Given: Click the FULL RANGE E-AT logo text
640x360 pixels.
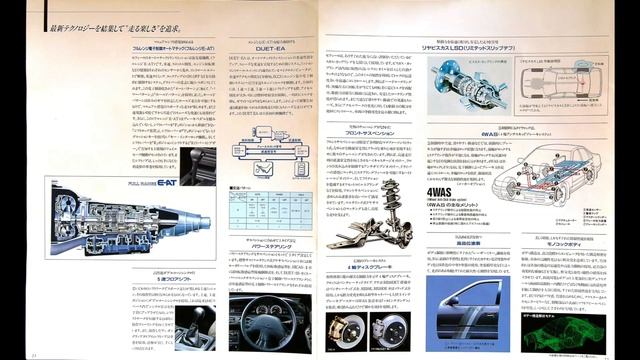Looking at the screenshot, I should coord(128,185).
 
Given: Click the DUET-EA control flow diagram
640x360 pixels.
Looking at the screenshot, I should coord(271,146).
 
